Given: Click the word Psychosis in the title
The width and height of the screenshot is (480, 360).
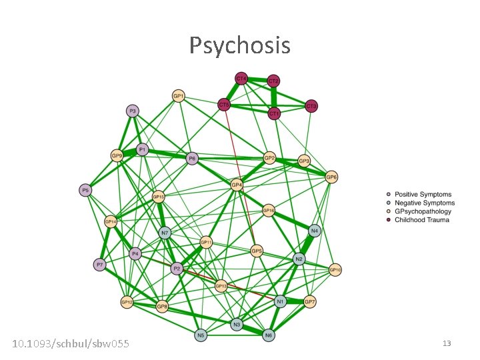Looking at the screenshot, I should (x=240, y=45).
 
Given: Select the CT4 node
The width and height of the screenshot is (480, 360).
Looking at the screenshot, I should (x=241, y=79).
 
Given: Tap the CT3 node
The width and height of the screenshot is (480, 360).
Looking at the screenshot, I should (x=311, y=106).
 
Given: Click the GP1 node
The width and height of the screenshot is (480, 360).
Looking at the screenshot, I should (x=179, y=96).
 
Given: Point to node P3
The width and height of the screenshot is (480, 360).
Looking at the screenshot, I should (x=133, y=111).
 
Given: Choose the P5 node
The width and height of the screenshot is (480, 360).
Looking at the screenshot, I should (x=85, y=191).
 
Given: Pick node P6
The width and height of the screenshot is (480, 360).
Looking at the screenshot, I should (x=192, y=158).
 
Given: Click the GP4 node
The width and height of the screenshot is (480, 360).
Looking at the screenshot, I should (x=237, y=185).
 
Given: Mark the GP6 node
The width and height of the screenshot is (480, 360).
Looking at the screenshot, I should (x=331, y=177).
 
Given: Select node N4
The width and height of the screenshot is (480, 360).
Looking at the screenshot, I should (x=314, y=231).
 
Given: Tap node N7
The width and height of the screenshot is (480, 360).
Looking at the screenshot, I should (x=165, y=233).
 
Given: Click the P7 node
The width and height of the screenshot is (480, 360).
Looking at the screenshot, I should (x=99, y=265).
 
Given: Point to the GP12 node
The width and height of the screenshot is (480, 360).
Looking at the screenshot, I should (x=127, y=302).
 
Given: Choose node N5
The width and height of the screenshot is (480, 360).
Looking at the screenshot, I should (x=201, y=335).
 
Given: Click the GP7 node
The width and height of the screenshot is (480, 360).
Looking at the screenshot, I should (x=310, y=302).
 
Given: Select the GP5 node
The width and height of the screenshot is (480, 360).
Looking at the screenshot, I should (x=257, y=251).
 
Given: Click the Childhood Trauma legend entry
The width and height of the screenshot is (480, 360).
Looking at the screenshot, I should (x=421, y=220).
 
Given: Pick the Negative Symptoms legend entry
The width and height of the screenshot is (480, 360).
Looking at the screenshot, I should (x=424, y=203).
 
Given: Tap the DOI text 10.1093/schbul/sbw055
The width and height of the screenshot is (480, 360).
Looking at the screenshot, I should (x=71, y=343).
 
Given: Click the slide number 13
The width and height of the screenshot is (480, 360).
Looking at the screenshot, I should (x=447, y=343).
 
